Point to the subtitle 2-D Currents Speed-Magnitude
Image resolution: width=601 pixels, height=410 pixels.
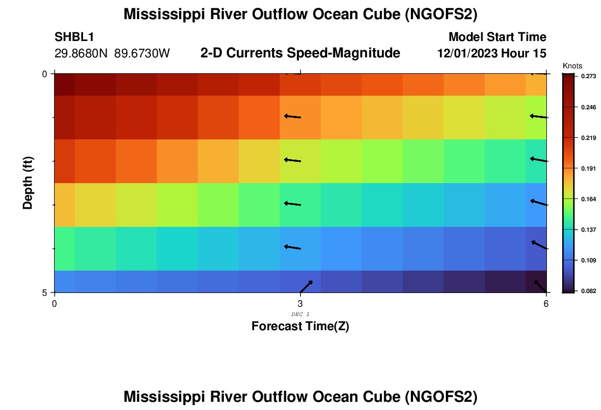tap(300, 53)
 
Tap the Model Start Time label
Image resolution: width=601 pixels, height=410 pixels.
tap(497, 37)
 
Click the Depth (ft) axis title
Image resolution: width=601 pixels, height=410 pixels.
tap(28, 183)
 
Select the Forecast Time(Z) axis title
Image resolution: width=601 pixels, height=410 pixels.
tap(300, 326)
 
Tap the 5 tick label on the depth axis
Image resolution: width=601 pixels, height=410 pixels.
tap(44, 292)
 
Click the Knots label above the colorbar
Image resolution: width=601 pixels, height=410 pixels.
tap(571, 66)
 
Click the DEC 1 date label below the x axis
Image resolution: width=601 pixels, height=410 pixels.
tap(300, 314)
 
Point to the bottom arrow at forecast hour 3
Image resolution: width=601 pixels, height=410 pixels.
tap(306, 286)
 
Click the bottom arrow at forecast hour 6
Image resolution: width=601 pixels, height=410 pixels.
tap(540, 286)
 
